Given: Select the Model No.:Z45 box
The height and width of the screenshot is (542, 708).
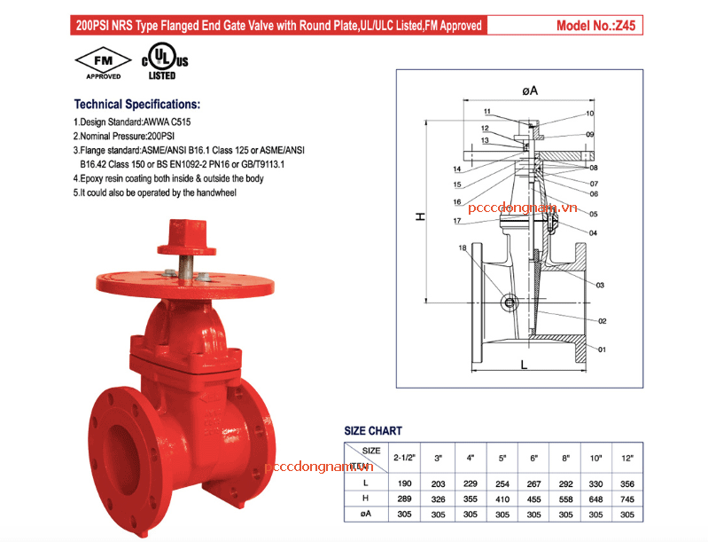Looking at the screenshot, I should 596,26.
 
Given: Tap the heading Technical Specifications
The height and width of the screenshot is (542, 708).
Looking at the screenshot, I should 136,104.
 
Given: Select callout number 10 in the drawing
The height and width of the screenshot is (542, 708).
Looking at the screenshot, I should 589,114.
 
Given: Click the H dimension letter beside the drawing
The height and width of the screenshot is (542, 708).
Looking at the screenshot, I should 421,216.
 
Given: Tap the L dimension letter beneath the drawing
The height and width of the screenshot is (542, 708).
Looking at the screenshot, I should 525,364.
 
